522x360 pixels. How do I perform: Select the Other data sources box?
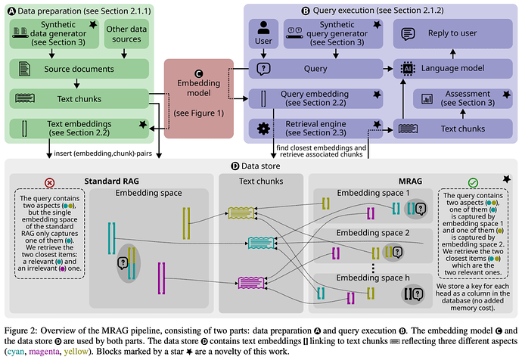pyautogui.click(x=126, y=35)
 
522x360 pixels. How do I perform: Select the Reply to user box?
pyautogui.click(x=447, y=34)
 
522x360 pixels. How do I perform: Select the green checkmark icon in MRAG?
pyautogui.click(x=473, y=182)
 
